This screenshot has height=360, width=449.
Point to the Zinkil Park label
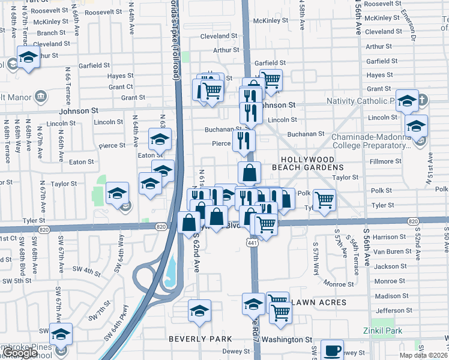coord(382,331)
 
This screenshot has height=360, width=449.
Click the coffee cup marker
coord(332,350)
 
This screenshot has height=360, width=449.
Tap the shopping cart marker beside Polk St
coord(324,199)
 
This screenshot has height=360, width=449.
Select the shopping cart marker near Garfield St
coord(271,78)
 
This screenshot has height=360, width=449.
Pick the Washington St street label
coord(287,339)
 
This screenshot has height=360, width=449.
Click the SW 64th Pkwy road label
coord(116,323)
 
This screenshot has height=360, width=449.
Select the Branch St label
coord(51,33)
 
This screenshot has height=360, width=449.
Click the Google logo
coord(19,353)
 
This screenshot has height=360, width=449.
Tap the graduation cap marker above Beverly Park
coord(199,310)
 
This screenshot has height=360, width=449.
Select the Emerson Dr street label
coord(410,24)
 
